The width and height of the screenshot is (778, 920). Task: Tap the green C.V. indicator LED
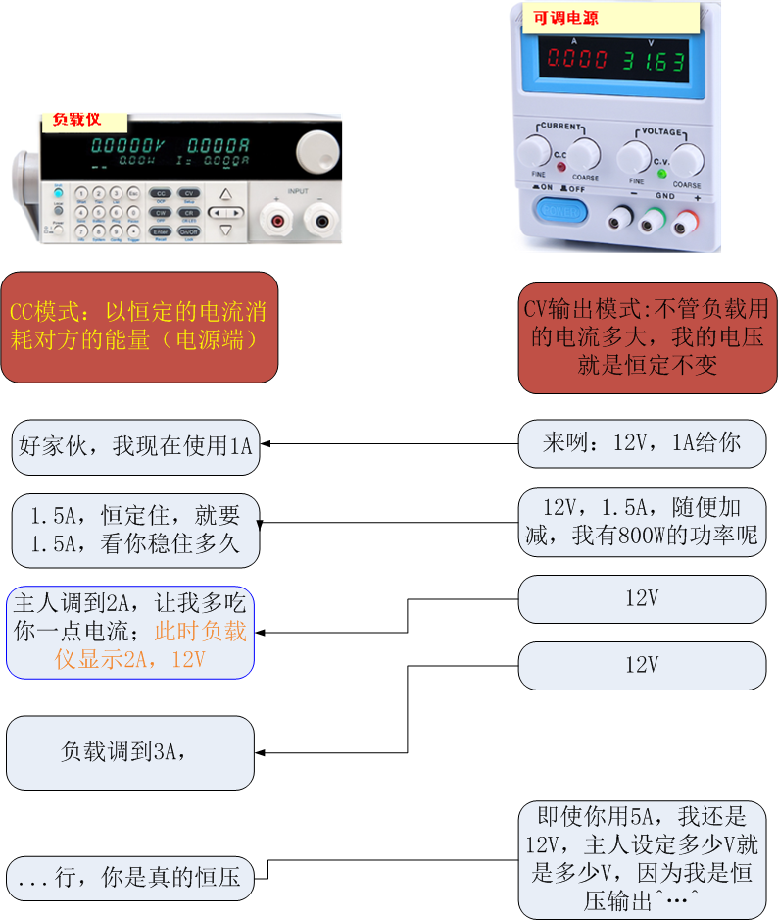(x=662, y=174)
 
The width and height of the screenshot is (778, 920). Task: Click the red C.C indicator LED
(x=560, y=168)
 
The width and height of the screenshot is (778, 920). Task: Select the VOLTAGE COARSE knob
(x=686, y=159)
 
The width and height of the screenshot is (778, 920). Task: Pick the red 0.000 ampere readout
(x=577, y=60)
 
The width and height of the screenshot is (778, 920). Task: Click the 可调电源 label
(x=566, y=18)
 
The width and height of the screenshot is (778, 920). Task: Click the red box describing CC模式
(x=139, y=327)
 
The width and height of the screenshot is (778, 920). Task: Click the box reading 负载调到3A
(x=130, y=752)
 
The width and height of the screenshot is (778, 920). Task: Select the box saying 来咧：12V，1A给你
(x=642, y=443)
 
